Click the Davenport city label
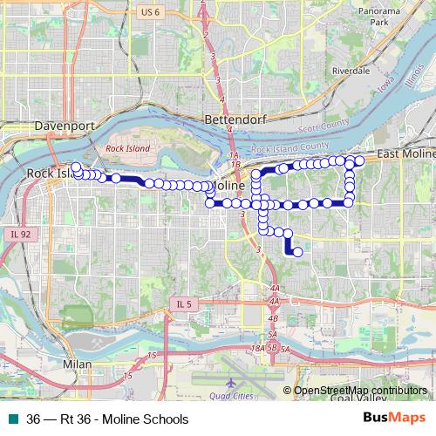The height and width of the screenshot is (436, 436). point(64,126)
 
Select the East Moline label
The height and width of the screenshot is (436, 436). point(406,153)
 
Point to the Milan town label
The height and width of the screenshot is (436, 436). point(78,361)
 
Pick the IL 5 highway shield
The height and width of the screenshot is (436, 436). point(181,303)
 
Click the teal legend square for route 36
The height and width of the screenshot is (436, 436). point(11,419)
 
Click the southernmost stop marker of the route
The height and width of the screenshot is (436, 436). point(297,252)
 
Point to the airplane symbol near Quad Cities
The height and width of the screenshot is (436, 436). point(230,383)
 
